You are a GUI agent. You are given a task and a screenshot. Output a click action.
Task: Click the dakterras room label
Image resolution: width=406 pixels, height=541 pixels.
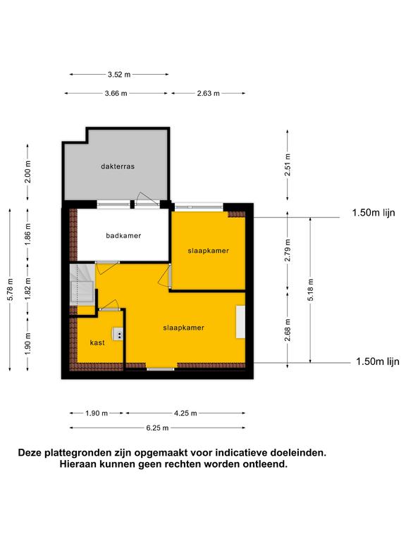(x=118, y=166)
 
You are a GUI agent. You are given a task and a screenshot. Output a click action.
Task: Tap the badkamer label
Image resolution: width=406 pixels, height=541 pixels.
(x=123, y=236)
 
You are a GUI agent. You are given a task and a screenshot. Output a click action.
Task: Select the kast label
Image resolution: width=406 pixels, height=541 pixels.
(x=97, y=342)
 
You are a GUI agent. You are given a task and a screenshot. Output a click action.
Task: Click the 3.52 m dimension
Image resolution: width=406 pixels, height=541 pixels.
(x=119, y=74)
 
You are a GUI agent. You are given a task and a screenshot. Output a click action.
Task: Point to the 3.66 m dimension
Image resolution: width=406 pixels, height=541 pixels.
(x=116, y=93)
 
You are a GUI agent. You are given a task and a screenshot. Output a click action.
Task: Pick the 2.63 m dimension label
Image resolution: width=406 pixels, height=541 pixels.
(x=208, y=93)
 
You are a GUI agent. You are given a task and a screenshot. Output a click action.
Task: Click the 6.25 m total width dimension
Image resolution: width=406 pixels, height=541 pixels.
(x=157, y=428)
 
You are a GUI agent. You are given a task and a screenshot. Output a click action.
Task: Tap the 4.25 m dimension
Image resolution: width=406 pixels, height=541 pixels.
(x=185, y=413)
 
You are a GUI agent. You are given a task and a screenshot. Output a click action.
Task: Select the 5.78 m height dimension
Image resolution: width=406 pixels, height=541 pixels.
(x=11, y=289)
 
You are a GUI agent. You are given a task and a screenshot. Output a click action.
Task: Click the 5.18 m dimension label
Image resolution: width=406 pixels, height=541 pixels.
(x=310, y=289)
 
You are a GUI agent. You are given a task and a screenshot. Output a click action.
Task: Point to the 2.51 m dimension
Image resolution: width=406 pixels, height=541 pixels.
(x=288, y=165)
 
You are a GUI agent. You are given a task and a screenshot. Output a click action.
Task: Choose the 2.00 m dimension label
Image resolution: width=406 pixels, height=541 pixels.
(x=28, y=171)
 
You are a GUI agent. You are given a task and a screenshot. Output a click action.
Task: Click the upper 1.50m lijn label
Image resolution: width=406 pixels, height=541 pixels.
(x=374, y=213)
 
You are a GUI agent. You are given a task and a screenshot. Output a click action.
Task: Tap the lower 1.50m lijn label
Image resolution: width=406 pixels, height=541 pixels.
(x=378, y=361)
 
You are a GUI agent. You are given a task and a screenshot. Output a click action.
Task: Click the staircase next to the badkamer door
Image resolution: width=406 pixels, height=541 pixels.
(x=82, y=285)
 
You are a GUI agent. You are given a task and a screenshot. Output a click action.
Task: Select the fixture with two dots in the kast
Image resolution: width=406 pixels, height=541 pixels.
(x=118, y=334)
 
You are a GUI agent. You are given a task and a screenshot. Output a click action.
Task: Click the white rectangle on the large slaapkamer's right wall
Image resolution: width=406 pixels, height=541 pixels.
(x=240, y=321)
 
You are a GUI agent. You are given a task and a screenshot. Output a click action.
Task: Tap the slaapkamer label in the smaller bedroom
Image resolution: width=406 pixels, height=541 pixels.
(x=208, y=251)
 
